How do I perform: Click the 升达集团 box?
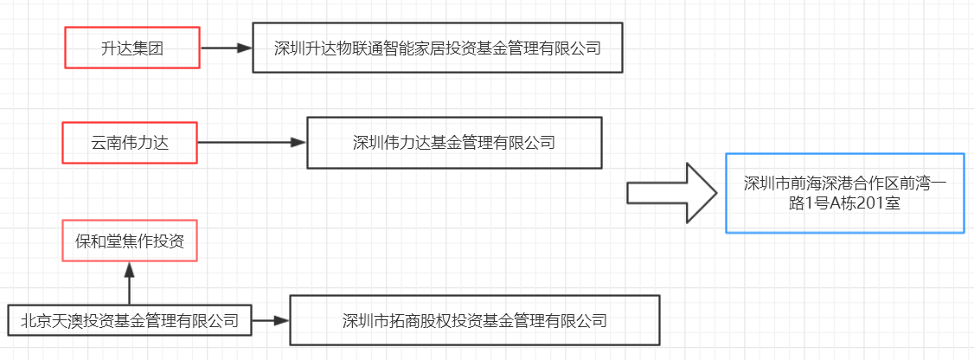[132, 48]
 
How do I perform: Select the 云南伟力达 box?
[130, 142]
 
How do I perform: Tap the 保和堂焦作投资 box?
[130, 241]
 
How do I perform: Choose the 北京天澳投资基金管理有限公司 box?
[129, 319]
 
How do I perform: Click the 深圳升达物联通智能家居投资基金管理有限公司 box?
[437, 48]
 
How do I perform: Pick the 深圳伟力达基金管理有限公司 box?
[454, 143]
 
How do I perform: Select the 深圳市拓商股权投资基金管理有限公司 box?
[474, 320]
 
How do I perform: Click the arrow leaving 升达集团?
[226, 48]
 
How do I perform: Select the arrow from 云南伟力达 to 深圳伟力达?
[252, 143]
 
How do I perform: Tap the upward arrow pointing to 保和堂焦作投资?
[130, 282]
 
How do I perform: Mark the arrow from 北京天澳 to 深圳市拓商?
[270, 320]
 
